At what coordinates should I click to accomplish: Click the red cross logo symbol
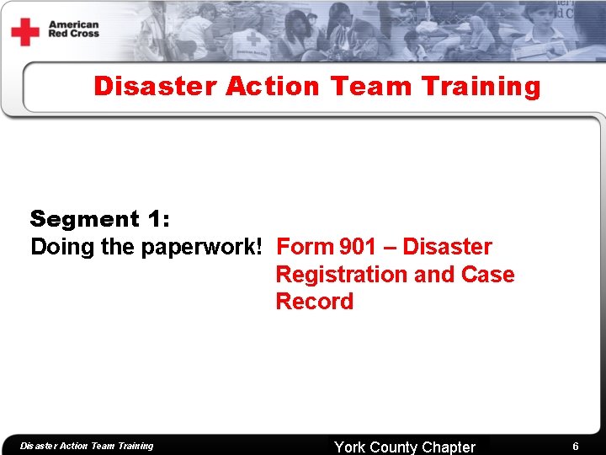pyautogui.click(x=25, y=32)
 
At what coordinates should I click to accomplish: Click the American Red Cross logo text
pyautogui.click(x=74, y=29)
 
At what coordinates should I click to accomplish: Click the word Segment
pyautogui.click(x=84, y=219)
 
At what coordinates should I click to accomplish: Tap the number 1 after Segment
pyautogui.click(x=157, y=219)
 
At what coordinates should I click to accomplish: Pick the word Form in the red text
pyautogui.click(x=305, y=247)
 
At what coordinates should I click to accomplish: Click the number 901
pyautogui.click(x=359, y=247)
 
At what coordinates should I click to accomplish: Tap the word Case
pyautogui.click(x=488, y=275)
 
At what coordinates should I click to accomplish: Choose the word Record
pyautogui.click(x=315, y=302)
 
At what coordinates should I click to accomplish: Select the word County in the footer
pyautogui.click(x=396, y=447)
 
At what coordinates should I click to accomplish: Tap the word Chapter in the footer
pyautogui.click(x=449, y=447)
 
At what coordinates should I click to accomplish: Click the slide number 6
pyautogui.click(x=576, y=447)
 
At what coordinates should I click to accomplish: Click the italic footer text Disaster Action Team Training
pyautogui.click(x=87, y=446)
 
